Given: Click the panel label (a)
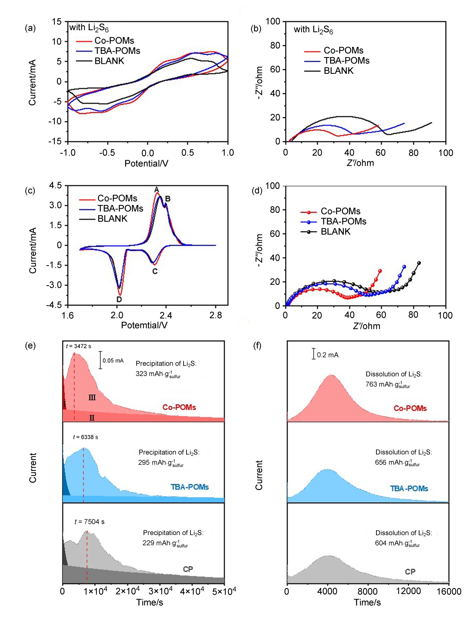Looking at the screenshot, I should pos(30,28).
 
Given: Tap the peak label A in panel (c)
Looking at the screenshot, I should pos(157,189).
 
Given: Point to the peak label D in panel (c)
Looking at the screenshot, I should pos(119,299).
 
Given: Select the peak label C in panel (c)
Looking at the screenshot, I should pos(155,271).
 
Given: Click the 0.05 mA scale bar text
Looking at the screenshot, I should pos(113,360).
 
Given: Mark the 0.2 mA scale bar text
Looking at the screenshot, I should pos(327,355).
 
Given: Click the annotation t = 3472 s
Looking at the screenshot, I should pos(78,346).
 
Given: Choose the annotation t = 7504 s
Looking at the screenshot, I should pos(89,522).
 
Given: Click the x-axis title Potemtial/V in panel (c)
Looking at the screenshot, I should pos(144,325).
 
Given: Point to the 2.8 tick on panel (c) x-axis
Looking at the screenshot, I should pos(215,315).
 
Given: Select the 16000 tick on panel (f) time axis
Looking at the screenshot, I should pos(448,591).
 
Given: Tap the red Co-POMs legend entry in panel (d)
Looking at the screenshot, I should pos(340,211).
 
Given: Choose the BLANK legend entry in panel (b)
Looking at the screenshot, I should pos(338,71).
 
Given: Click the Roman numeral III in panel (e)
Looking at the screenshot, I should pos(92,397).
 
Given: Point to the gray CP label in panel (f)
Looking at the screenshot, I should pos(410,571).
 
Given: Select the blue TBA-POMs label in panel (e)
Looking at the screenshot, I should pos(190,487).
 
